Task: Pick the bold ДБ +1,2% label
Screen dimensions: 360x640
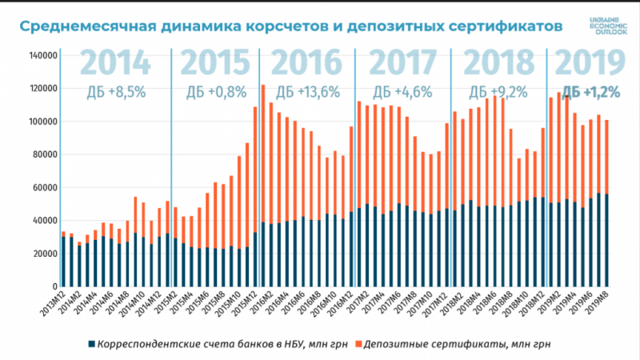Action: pos(591,91)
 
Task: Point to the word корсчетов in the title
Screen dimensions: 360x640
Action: pos(278,26)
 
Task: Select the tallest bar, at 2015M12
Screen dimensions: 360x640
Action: pos(263,185)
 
